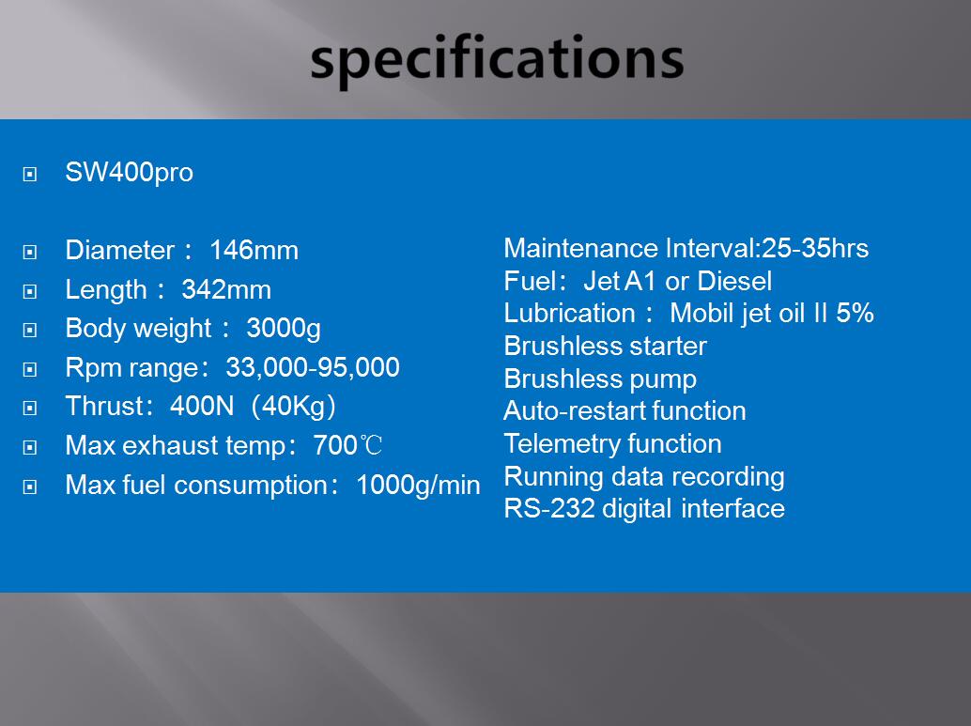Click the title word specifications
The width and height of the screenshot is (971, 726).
(x=497, y=59)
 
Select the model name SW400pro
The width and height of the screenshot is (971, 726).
(x=129, y=173)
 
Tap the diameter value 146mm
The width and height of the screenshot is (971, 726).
(x=254, y=250)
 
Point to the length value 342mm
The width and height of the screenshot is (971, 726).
(x=226, y=290)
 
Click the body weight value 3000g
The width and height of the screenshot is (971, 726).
(x=284, y=329)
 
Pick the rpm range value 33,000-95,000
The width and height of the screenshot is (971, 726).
(x=313, y=368)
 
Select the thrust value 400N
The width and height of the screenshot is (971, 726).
(x=202, y=407)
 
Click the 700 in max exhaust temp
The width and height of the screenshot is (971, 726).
(x=335, y=445)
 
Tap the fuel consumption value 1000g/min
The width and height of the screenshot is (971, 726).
(x=418, y=485)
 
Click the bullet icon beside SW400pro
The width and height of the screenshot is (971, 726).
(x=30, y=174)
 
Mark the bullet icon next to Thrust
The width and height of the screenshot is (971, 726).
(x=30, y=408)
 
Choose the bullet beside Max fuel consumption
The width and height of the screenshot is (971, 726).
(x=30, y=487)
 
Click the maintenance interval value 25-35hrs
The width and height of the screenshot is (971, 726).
(x=815, y=248)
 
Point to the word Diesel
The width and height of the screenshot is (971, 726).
(x=734, y=281)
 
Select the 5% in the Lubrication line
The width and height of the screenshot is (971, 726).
(x=855, y=314)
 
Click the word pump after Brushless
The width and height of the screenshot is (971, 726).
(x=663, y=379)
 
